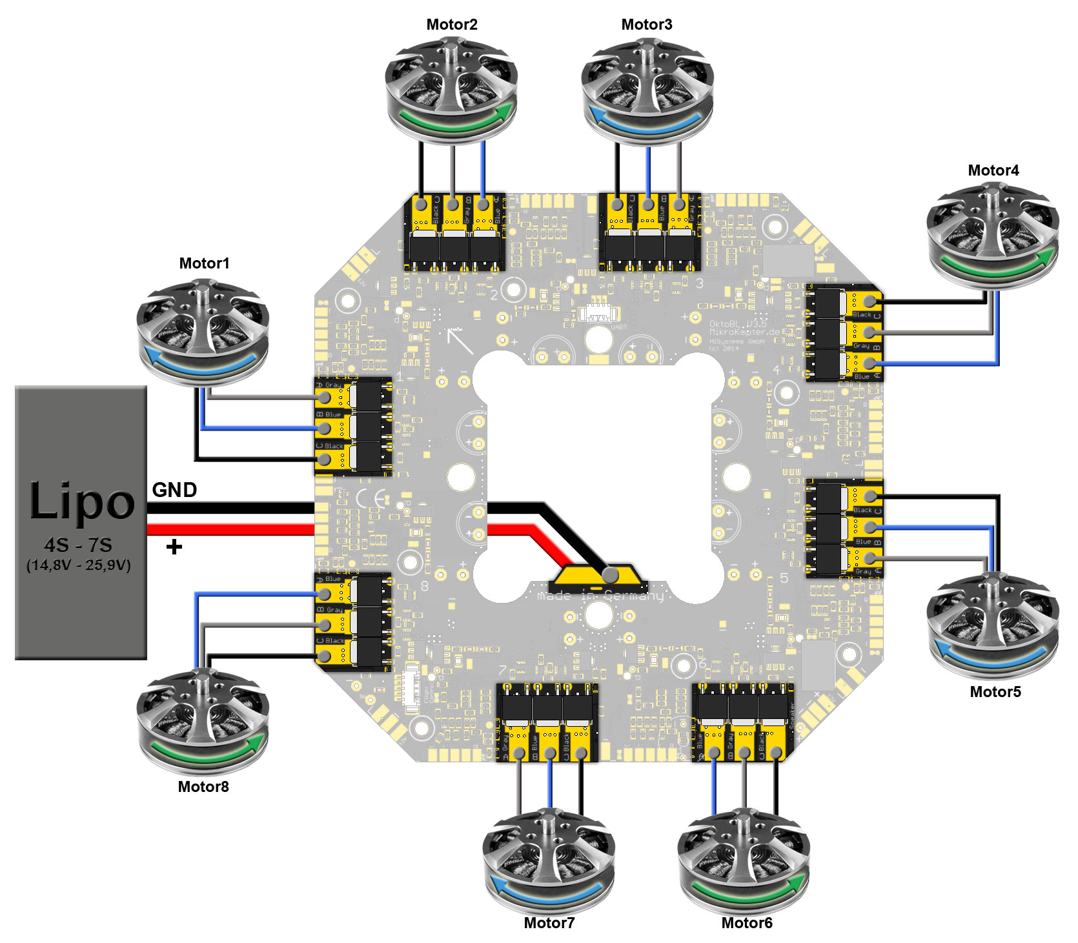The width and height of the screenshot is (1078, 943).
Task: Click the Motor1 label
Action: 204,263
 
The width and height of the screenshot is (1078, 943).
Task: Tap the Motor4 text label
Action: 993,170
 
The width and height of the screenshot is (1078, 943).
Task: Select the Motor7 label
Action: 549,923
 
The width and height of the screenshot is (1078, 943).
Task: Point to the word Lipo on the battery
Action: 82,501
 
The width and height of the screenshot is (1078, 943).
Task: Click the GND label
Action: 174,490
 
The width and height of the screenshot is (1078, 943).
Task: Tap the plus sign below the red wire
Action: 174,547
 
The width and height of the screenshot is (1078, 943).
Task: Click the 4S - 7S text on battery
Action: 78,545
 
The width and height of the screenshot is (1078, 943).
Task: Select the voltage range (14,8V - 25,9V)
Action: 78,565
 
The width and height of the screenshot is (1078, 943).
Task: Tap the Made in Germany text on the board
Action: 600,596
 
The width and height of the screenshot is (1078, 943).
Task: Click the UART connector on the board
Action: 598,314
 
